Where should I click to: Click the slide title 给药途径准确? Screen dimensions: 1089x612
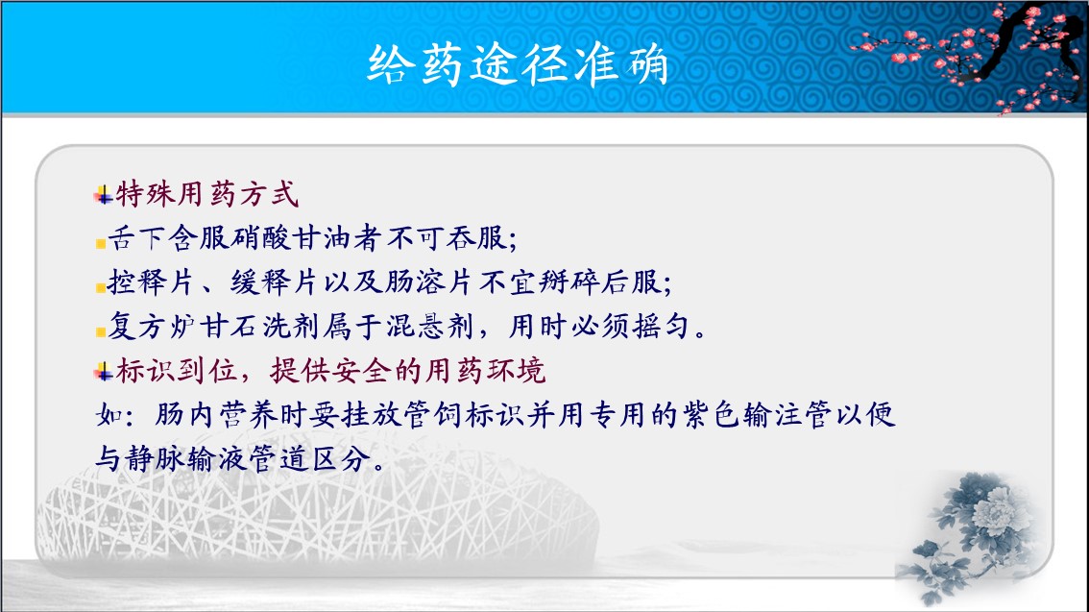click(x=518, y=64)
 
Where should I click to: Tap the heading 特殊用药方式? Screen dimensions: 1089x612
click(x=207, y=194)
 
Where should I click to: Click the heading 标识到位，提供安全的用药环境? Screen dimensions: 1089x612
click(x=330, y=371)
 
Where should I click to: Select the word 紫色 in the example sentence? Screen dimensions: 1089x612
click(x=711, y=415)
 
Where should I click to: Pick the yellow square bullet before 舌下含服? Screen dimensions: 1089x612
click(x=101, y=243)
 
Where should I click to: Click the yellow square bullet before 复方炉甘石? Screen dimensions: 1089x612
click(x=101, y=331)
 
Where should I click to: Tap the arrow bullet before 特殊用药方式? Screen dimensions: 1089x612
click(x=104, y=195)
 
